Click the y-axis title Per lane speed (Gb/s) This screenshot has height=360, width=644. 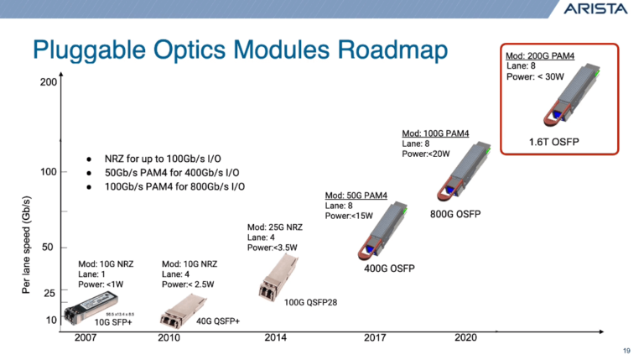[27, 244]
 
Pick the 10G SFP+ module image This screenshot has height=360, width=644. [103, 304]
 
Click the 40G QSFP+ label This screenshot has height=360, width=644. [218, 321]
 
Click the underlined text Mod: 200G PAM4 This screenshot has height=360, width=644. [540, 57]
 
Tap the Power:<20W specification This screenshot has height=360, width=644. [427, 154]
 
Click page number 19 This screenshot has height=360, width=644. [626, 351]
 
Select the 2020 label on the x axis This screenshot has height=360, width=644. [465, 337]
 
